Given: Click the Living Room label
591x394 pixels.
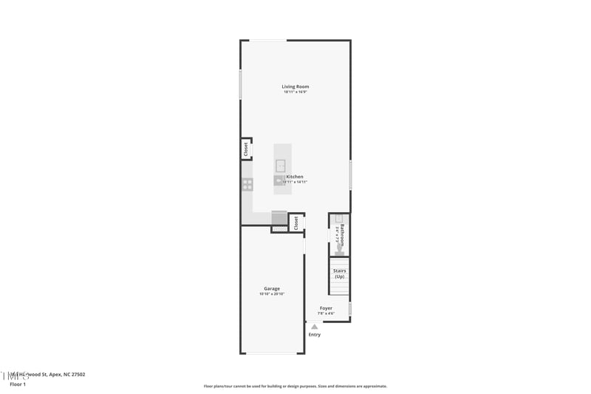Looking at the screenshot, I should click(x=295, y=86).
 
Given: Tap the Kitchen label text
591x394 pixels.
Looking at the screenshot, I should click(x=295, y=177).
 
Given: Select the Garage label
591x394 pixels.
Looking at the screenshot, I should click(x=272, y=288).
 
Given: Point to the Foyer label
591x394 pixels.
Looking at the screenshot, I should click(x=326, y=308).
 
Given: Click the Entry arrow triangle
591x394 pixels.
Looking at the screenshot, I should click(x=315, y=326).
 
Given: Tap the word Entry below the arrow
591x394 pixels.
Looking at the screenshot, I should click(x=315, y=335).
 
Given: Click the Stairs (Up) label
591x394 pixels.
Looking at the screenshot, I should click(x=340, y=274).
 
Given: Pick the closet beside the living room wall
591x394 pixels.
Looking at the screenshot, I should click(x=246, y=149).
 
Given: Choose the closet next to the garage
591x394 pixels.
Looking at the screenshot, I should click(x=296, y=223).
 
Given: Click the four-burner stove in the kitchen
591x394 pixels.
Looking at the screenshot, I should click(x=247, y=184).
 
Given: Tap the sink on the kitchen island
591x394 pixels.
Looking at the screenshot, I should click(x=281, y=165).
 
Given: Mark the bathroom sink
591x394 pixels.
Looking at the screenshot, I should click(x=339, y=219).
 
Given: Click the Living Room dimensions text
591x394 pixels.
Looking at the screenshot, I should click(x=295, y=92).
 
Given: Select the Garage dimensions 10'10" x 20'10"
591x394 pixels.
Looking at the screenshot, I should click(x=272, y=294).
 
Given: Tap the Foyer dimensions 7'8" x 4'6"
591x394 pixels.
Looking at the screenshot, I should click(x=326, y=313).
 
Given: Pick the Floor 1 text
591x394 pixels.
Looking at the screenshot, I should click(x=18, y=384).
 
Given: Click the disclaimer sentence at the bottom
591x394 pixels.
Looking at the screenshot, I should click(x=295, y=386).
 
